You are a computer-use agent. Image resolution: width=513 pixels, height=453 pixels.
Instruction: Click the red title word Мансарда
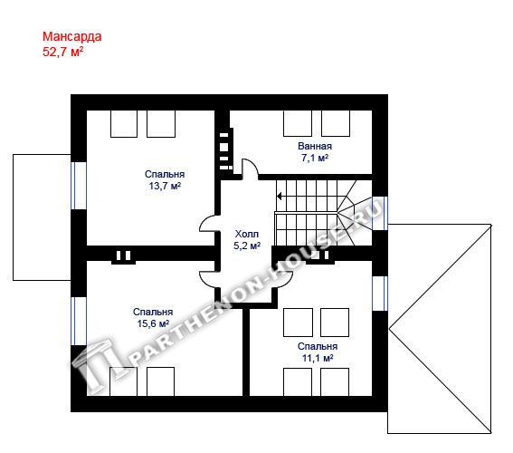click(x=72, y=36)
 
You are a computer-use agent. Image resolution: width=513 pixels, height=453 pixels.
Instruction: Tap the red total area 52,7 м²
click(x=62, y=52)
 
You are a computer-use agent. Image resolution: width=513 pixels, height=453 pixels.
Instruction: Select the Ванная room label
click(x=315, y=146)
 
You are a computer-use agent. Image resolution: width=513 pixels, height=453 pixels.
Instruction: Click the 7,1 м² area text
click(x=315, y=158)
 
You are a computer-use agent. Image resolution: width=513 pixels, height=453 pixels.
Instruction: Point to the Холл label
click(x=247, y=234)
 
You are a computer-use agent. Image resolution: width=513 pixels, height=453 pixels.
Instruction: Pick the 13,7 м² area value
click(x=165, y=186)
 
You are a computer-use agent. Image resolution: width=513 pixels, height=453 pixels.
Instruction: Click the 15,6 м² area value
click(x=153, y=323)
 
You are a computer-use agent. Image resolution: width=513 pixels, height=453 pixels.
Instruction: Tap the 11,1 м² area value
click(x=318, y=358)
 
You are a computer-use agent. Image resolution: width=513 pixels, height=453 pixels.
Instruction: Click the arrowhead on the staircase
click(x=279, y=197)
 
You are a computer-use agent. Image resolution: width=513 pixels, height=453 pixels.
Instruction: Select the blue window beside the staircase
click(x=380, y=213)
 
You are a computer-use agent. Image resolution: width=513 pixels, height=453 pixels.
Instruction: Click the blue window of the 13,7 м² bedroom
click(x=79, y=186)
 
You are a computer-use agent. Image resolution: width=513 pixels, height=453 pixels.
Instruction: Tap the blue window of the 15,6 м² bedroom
click(x=79, y=321)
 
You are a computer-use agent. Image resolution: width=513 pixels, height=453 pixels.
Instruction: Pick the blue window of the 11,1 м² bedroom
click(x=380, y=294)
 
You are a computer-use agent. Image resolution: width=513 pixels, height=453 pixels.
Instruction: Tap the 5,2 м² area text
click(x=247, y=246)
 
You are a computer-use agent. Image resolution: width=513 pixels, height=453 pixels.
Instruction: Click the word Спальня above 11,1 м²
click(x=318, y=346)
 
